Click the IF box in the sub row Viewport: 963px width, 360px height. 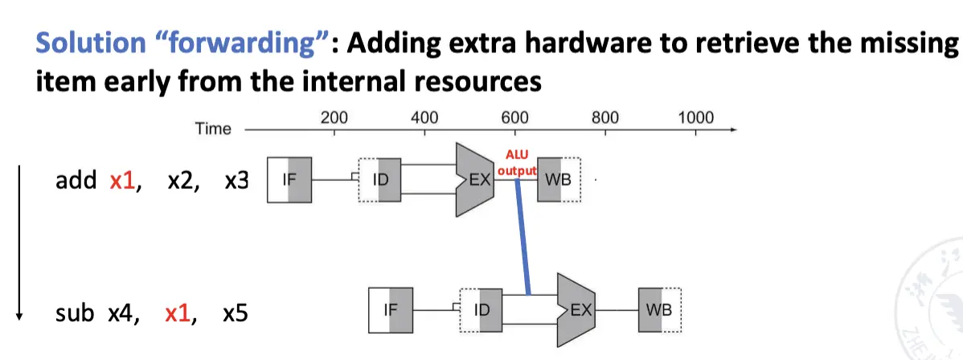coord(391,309)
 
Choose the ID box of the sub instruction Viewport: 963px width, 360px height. coord(481,309)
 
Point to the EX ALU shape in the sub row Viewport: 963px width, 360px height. coord(576,309)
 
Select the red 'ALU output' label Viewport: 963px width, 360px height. coord(514,162)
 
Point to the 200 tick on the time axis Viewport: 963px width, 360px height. coord(334,118)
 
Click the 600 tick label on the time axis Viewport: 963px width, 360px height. coord(514,118)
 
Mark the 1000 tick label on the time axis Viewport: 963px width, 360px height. coord(695,118)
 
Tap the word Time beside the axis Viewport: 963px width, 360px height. coord(213,129)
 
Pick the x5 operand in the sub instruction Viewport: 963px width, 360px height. coord(235,313)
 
